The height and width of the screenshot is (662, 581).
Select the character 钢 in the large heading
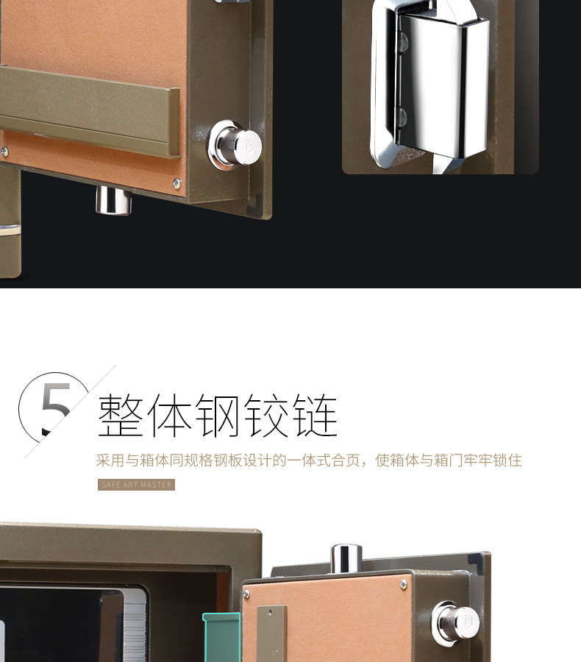pyautogui.click(x=218, y=416)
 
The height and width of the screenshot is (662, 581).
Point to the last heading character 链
pyautogui.click(x=314, y=416)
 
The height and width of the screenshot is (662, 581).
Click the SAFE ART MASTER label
pyautogui.click(x=137, y=485)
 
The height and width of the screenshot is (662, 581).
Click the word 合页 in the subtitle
pyautogui.click(x=349, y=460)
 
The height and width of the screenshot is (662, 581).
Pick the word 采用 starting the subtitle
pyautogui.click(x=111, y=460)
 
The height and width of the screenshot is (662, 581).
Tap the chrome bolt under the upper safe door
pyautogui.click(x=114, y=199)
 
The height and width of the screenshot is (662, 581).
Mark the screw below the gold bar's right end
pyautogui.click(x=176, y=183)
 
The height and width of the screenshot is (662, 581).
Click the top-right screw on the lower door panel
pyautogui.click(x=404, y=584)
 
